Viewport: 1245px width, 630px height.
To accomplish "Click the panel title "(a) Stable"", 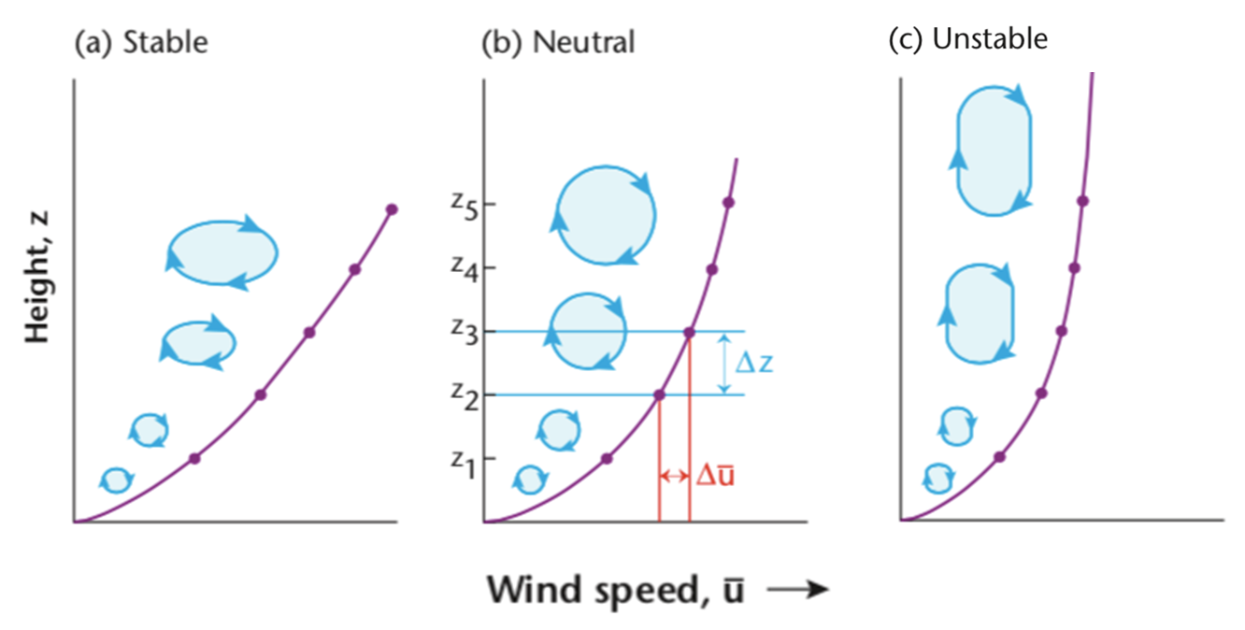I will pos(141,42).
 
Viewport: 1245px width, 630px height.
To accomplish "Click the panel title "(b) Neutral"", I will pos(557,42).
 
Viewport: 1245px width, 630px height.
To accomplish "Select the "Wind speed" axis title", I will pos(615,590).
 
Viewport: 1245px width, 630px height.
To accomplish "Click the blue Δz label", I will pos(753,363).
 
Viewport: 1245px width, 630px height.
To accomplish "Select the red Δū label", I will pos(715,476).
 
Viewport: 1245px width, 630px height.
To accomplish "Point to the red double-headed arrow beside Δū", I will pos(674,476).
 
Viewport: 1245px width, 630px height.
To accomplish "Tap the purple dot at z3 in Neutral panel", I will pos(689,332).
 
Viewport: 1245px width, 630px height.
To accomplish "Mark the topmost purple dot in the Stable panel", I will pos(392,208).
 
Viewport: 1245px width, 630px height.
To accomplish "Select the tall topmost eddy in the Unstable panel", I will pos(994,150).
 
